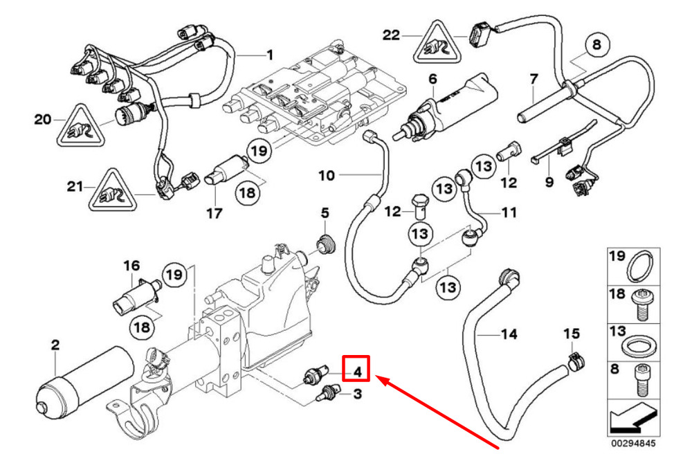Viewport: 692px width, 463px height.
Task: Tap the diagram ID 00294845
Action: tap(634, 443)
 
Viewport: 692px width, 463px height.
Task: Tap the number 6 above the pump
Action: tap(432, 80)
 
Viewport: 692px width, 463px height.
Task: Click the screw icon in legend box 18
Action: tap(642, 305)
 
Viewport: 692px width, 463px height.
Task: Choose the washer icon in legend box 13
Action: tap(639, 344)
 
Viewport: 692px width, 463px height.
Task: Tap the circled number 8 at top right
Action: tap(597, 44)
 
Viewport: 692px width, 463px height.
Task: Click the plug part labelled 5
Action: tap(326, 245)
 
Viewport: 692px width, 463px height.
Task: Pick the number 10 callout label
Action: tap(327, 176)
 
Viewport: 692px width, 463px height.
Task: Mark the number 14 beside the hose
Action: tap(509, 334)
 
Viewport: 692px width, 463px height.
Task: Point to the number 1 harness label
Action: tap(270, 55)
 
